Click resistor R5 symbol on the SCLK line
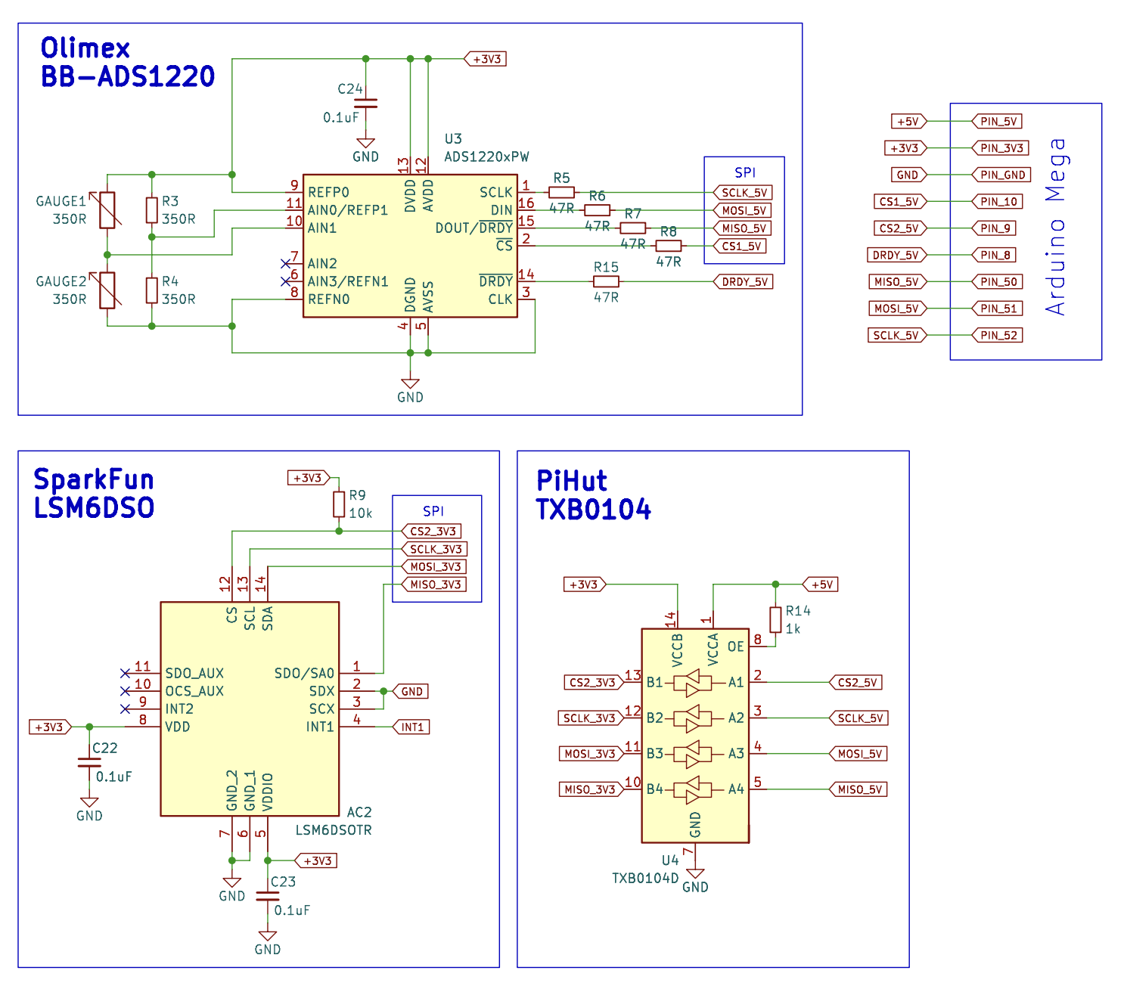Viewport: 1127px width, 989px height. pyautogui.click(x=561, y=192)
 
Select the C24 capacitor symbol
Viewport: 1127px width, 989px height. pyautogui.click(x=365, y=103)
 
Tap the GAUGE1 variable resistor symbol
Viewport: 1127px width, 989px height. pyautogui.click(x=107, y=209)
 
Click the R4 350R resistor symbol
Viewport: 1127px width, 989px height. pyautogui.click(x=152, y=290)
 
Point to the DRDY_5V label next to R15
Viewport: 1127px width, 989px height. pyautogui.click(x=744, y=282)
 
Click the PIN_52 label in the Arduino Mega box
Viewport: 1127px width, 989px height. pyautogui.click(x=998, y=335)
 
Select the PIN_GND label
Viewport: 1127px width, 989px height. pyautogui.click(x=1001, y=175)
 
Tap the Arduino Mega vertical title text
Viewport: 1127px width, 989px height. pyautogui.click(x=1056, y=227)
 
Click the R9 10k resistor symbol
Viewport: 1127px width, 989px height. pyautogui.click(x=339, y=504)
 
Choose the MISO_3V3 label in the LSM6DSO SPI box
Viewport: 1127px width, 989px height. pyautogui.click(x=435, y=584)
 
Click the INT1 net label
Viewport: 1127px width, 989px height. pyautogui.click(x=411, y=727)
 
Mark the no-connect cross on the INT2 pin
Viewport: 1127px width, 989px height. pyautogui.click(x=125, y=709)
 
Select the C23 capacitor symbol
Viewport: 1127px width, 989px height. pyautogui.click(x=267, y=896)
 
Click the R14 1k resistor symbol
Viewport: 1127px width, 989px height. pyautogui.click(x=775, y=619)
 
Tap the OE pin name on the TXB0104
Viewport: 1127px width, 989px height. pyautogui.click(x=735, y=646)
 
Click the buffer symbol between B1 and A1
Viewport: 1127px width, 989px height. pyautogui.click(x=694, y=683)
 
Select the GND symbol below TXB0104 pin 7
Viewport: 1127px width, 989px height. pyautogui.click(x=694, y=875)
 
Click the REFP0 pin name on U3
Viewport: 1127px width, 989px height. pyautogui.click(x=328, y=192)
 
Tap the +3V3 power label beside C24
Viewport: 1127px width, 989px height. pyautogui.click(x=486, y=59)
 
